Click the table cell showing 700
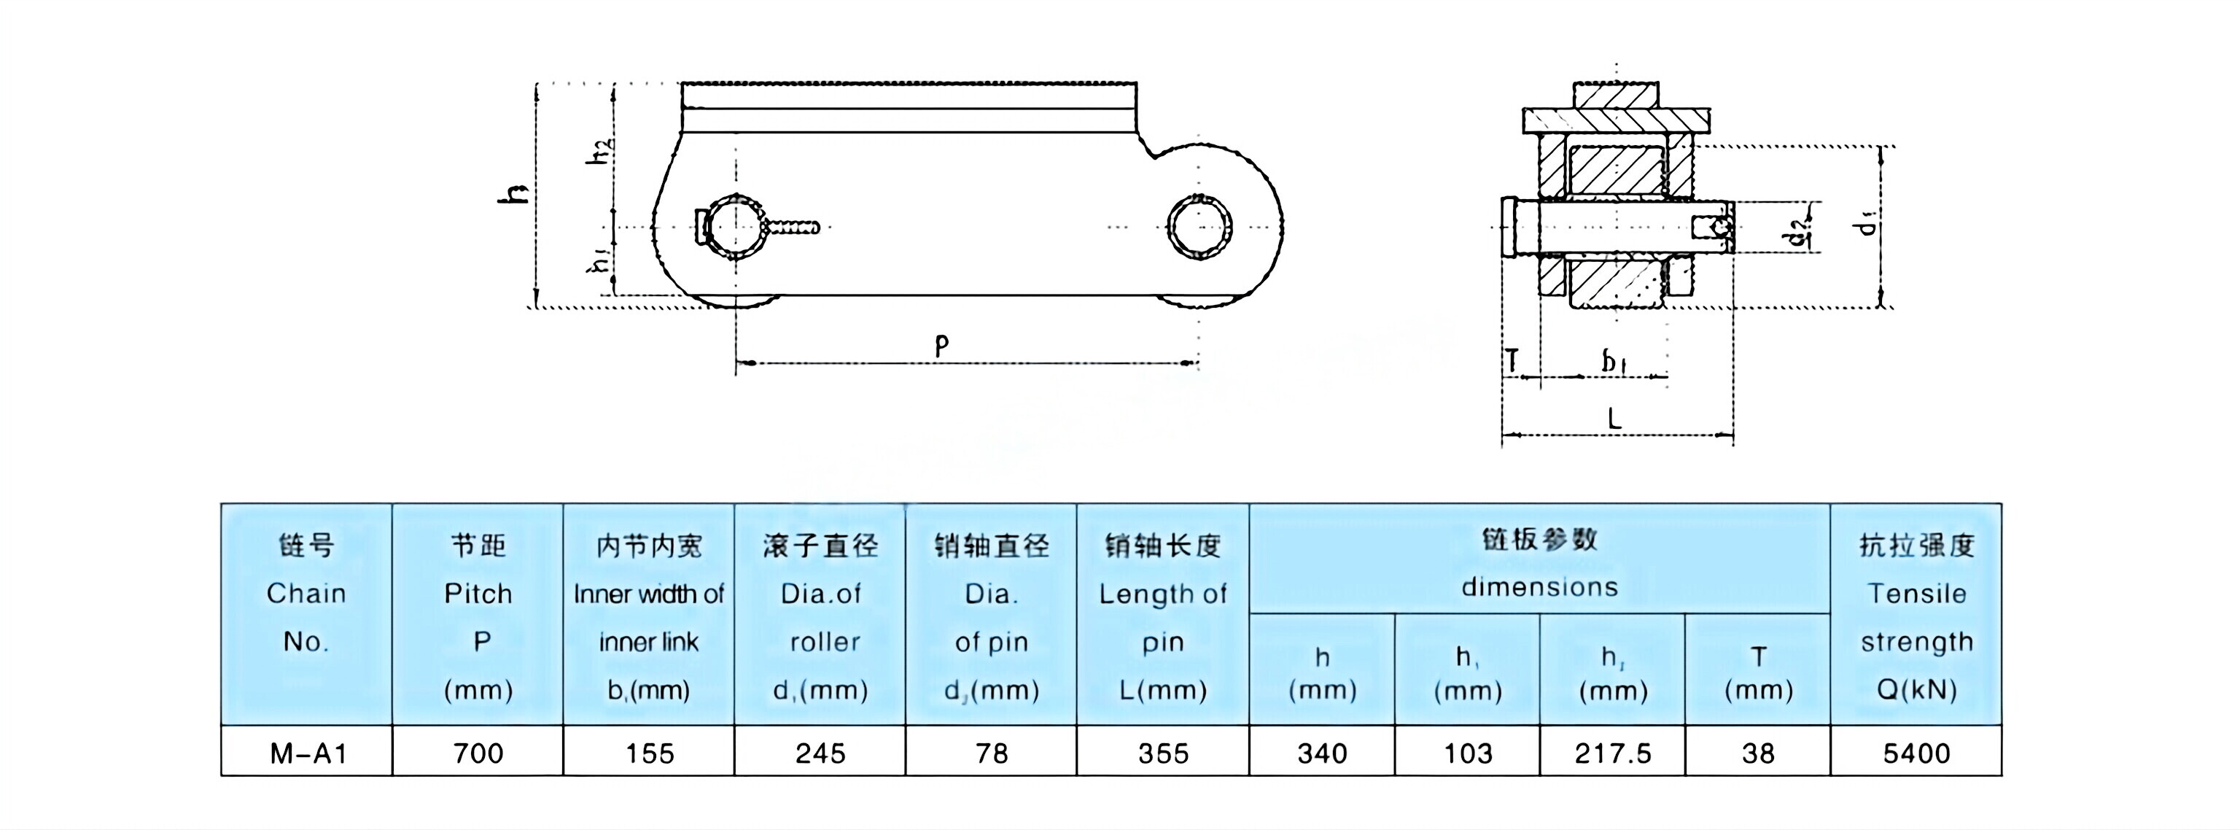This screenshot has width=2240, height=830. [478, 753]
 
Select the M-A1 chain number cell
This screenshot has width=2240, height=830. [308, 753]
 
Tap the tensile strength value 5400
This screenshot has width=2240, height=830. [1916, 753]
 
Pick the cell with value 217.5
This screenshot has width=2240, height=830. [1613, 753]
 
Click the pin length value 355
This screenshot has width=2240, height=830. [1164, 753]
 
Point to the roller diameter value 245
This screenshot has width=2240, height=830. [820, 753]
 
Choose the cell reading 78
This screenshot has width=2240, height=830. [992, 753]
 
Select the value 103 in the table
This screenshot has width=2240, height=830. [1468, 753]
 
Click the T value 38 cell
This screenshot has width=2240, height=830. [1758, 753]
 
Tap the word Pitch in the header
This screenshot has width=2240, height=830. [478, 594]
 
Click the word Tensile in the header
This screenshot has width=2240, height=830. [1916, 594]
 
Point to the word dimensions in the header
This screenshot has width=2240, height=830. [1539, 587]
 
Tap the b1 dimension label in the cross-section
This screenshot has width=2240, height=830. [1614, 360]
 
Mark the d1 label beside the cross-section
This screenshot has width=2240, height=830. [1866, 224]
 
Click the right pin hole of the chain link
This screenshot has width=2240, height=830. [1200, 226]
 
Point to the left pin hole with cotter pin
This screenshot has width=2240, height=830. [736, 226]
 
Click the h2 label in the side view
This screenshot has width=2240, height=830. [601, 152]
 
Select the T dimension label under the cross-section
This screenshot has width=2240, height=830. [1513, 360]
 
